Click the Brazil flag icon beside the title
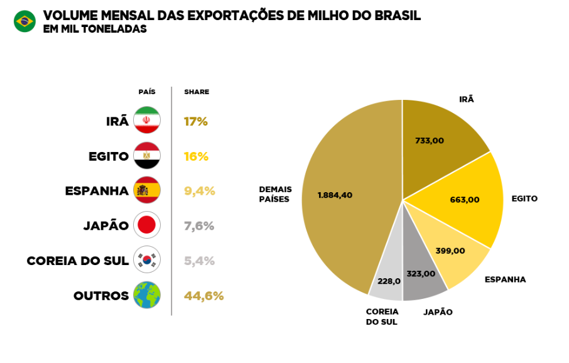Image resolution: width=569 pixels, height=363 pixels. tap(24, 21)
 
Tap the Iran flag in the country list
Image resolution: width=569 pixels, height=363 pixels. tap(147, 121)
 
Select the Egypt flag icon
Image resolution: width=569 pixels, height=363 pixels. tap(147, 156)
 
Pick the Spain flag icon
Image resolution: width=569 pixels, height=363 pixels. tap(147, 190)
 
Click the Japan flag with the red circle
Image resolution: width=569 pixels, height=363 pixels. tap(147, 225)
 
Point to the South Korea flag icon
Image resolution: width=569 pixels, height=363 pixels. tap(147, 260)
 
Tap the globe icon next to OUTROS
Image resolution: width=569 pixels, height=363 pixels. tap(147, 295)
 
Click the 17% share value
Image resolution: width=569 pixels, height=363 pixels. tap(195, 121)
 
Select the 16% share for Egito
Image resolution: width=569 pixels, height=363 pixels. tap(195, 156)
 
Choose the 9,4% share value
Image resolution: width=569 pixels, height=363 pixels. tap(199, 191)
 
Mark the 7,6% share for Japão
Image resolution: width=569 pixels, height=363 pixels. tap(199, 226)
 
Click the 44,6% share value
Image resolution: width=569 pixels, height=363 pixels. tap(203, 296)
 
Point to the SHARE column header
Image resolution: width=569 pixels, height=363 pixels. tap(197, 92)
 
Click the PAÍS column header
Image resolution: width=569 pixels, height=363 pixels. tap(147, 92)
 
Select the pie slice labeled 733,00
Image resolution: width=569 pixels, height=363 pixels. tap(440, 144)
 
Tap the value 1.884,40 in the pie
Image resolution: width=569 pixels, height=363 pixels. tap(335, 195)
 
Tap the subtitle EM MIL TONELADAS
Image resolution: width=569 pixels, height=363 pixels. tap(95, 29)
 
